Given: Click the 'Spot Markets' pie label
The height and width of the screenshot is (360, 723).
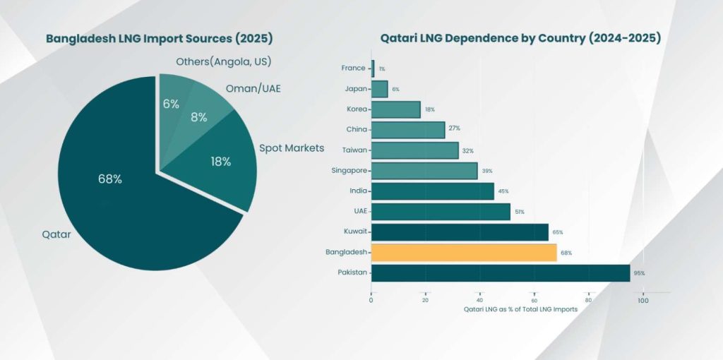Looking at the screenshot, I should [292, 148].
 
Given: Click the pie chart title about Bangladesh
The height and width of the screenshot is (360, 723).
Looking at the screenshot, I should [160, 38].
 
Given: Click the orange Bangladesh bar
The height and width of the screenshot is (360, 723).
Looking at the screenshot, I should [464, 252].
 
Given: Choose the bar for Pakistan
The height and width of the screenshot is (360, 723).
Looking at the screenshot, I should [501, 272].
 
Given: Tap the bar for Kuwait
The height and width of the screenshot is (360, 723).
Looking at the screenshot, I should [460, 232].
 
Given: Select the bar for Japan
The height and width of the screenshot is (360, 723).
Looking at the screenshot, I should [379, 89].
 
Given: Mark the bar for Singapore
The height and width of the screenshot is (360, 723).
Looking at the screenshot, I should [424, 171].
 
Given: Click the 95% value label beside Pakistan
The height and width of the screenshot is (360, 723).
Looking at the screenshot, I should [639, 273].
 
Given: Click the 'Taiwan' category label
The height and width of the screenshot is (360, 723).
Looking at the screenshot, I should [354, 150].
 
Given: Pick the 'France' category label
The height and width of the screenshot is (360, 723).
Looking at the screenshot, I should [354, 68].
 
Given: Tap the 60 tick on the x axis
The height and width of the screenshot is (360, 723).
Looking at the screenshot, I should [534, 300].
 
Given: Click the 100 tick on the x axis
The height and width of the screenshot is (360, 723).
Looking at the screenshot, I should [643, 300].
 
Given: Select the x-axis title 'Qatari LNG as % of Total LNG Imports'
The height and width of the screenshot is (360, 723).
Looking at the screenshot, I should [520, 310].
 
